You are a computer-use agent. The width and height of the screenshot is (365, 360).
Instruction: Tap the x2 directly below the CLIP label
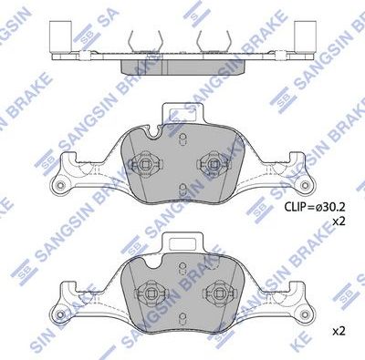[x=339, y=221]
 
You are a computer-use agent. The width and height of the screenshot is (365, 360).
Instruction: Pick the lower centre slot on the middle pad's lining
[x=182, y=190]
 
